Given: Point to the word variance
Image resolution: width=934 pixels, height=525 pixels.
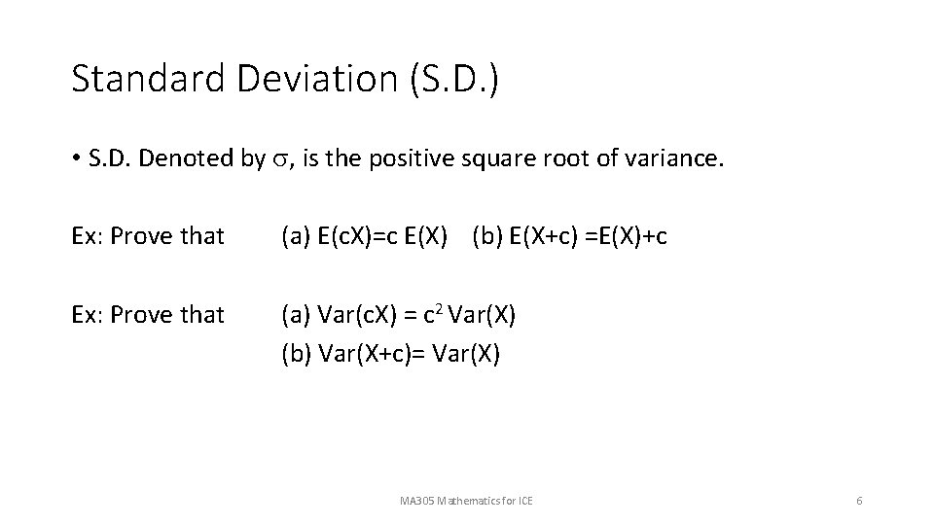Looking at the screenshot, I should click(x=672, y=158).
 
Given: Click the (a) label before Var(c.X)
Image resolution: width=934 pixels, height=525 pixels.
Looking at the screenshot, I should click(x=295, y=314).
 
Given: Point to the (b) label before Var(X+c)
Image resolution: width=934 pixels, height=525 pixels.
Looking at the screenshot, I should click(x=295, y=354).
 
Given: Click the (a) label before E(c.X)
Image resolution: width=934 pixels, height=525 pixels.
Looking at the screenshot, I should click(x=295, y=235).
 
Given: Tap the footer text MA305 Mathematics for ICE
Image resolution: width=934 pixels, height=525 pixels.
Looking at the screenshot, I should click(x=466, y=501).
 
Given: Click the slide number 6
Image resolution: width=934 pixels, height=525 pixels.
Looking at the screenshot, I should click(x=859, y=501).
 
